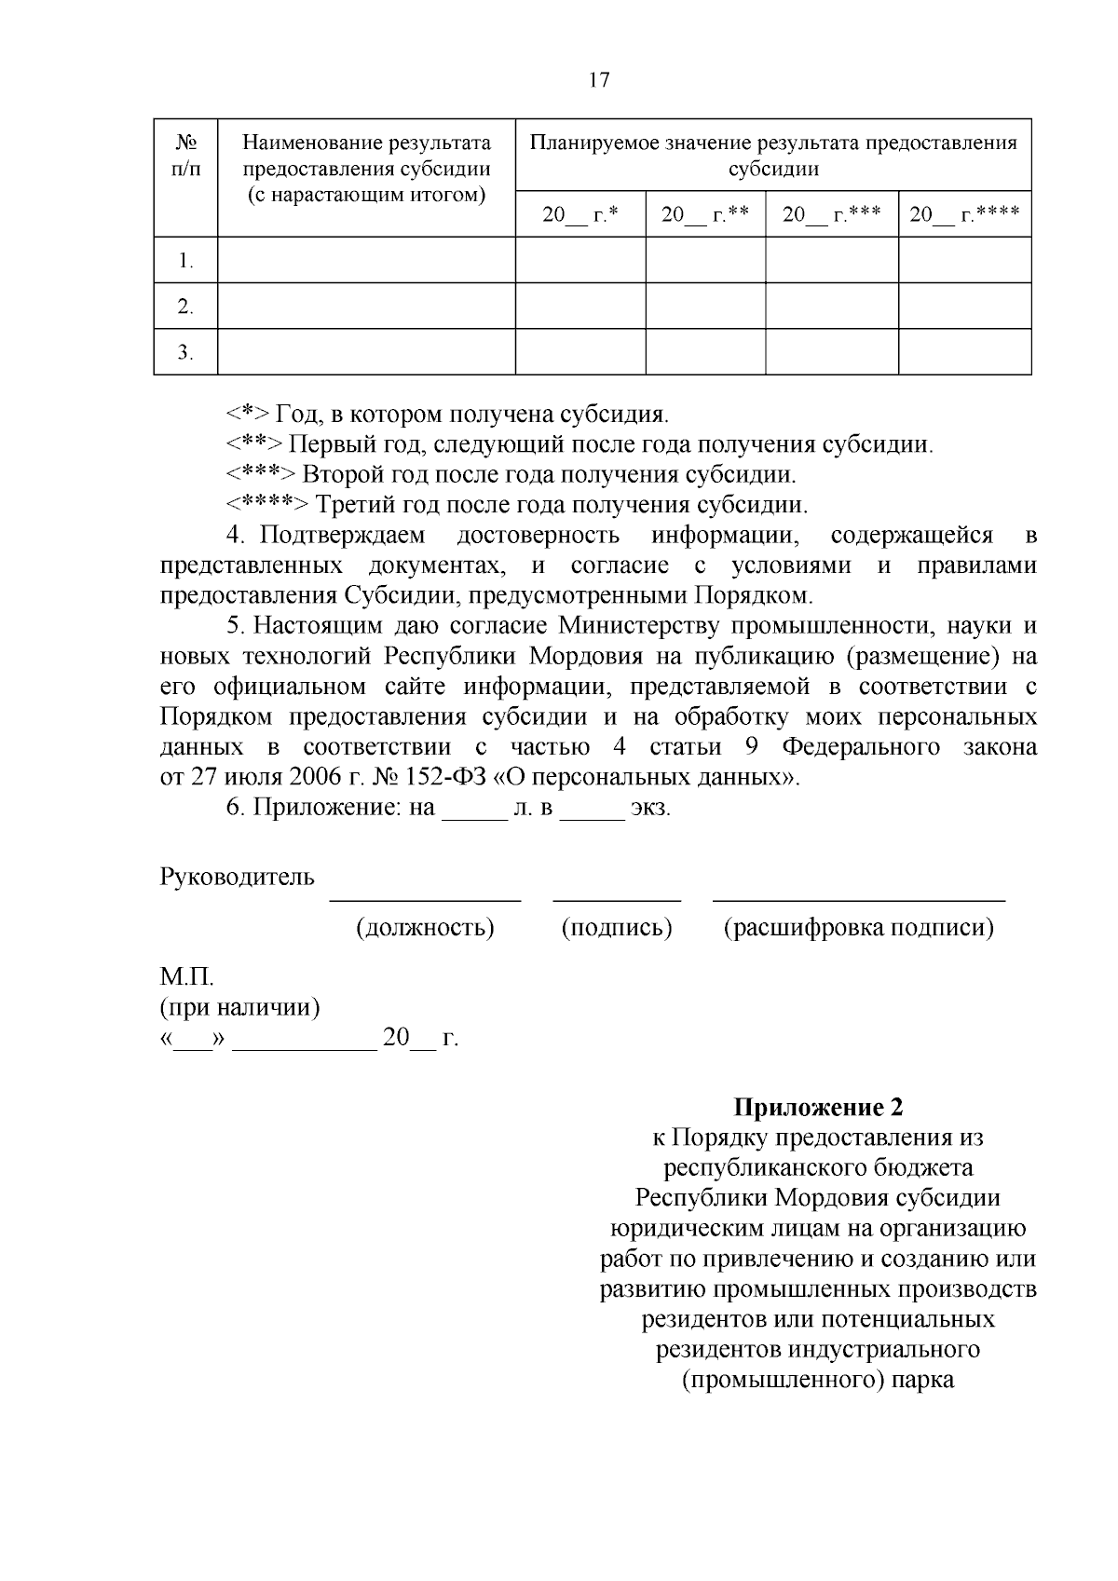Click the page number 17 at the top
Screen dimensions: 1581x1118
coord(599,80)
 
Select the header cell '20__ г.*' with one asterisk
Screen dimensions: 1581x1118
coord(580,215)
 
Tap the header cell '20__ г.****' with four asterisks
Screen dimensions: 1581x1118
coord(964,215)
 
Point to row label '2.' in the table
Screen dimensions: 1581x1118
coord(185,307)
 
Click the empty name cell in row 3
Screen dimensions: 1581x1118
coord(366,352)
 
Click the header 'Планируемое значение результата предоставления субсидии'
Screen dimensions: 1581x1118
coord(773,156)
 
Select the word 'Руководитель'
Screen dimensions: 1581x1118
coord(237,878)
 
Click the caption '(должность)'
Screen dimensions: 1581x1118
coord(425,928)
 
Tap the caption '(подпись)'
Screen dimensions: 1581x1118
coord(617,928)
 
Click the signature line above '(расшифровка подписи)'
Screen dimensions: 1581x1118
coord(858,899)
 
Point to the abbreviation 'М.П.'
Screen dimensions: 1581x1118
coord(186,978)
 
